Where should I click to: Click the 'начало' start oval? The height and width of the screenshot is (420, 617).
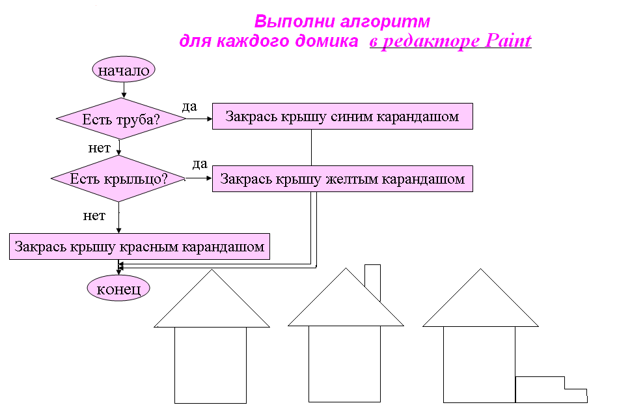(124, 70)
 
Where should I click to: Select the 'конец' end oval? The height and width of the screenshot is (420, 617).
(118, 288)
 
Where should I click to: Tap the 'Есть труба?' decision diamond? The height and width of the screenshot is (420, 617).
(122, 120)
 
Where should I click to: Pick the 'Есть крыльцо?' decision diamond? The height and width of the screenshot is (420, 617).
(118, 178)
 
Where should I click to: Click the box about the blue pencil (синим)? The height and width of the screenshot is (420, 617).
(342, 117)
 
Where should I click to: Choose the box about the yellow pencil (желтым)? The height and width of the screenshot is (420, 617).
(342, 178)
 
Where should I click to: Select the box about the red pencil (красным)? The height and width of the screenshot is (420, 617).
(139, 247)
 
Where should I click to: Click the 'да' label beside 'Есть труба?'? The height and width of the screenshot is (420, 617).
(189, 106)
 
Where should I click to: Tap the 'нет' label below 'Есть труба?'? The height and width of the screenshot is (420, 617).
(99, 148)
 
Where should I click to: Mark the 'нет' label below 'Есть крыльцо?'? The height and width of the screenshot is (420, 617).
(94, 216)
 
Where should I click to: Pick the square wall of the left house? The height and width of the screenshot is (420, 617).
(210, 365)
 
